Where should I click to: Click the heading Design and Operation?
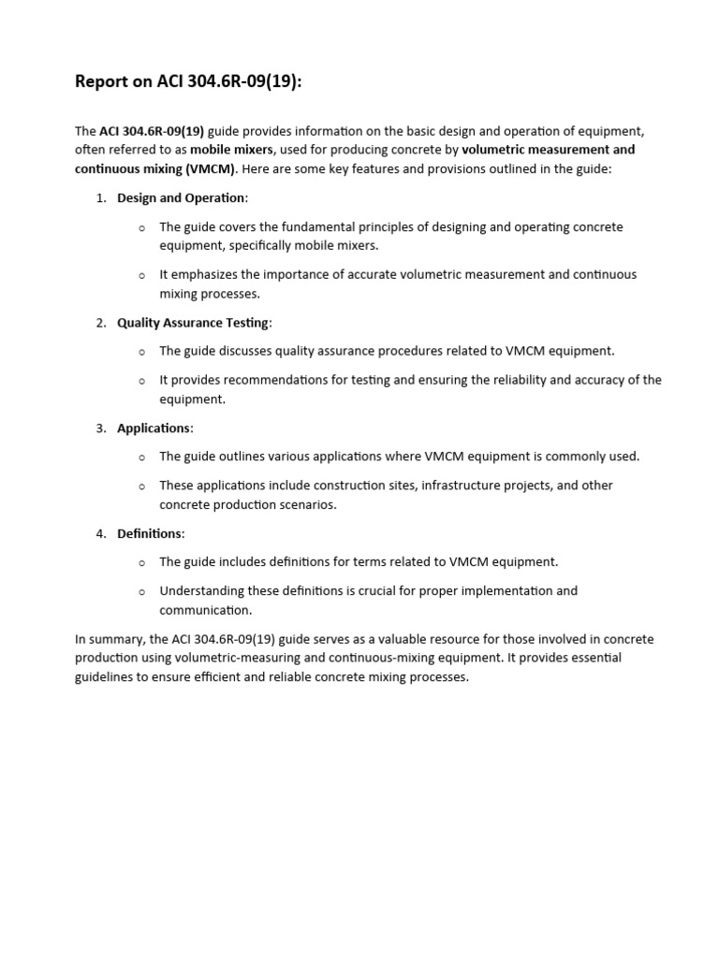coord(181,197)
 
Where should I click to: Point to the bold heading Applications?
coord(154,428)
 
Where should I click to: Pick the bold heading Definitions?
coord(150,533)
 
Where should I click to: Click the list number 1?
coord(100,197)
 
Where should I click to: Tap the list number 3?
coord(100,428)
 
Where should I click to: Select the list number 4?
coord(100,533)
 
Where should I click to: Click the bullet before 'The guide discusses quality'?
coord(141,352)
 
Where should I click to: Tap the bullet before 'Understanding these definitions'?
coord(141,592)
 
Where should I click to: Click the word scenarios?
coord(304,504)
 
